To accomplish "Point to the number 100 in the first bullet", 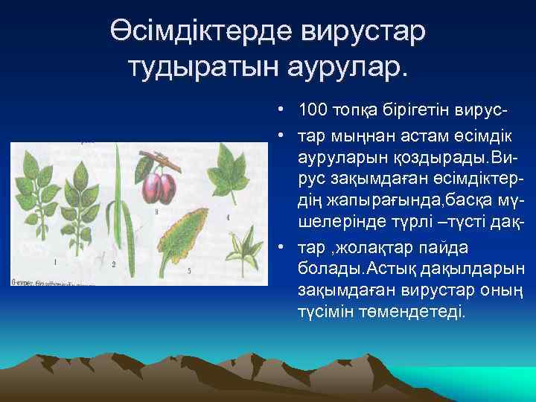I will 312,111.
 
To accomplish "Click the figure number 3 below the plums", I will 157,212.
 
